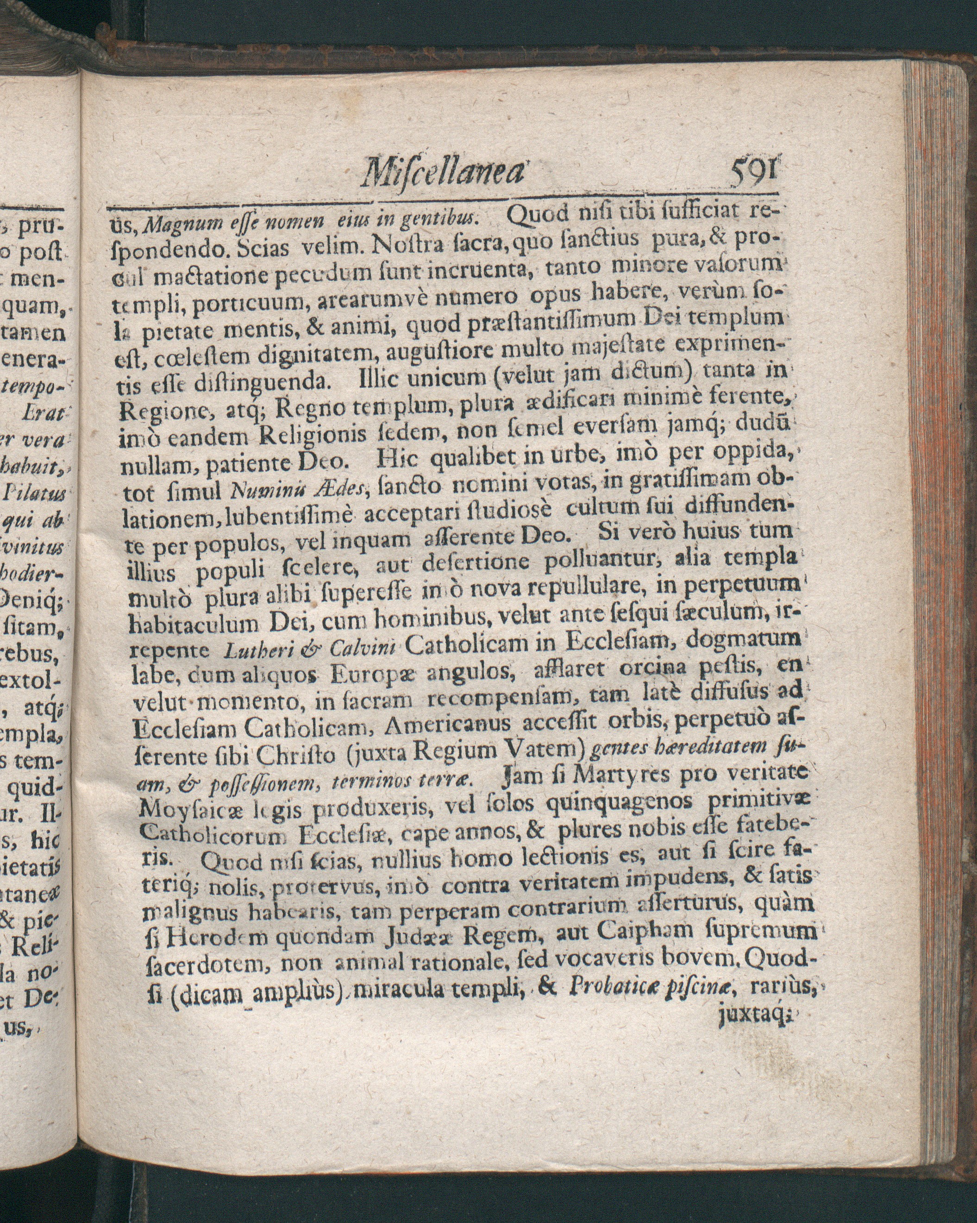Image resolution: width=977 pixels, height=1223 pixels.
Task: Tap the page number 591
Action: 754,169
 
